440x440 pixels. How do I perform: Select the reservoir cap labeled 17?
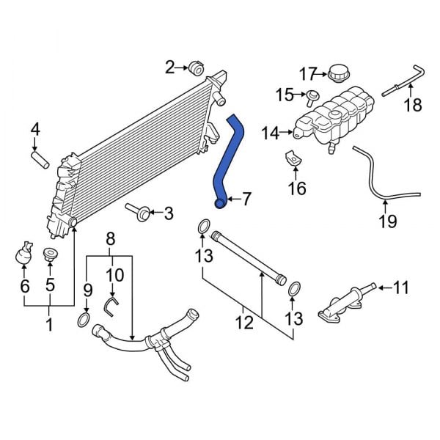coord(340,73)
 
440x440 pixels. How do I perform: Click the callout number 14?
coord(270,133)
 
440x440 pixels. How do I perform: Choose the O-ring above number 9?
coord(84,320)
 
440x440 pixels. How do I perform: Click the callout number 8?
coord(111,238)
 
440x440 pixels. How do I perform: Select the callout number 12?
coord(243,320)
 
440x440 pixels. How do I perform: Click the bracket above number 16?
coord(292,159)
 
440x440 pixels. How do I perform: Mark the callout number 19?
coord(388,221)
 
